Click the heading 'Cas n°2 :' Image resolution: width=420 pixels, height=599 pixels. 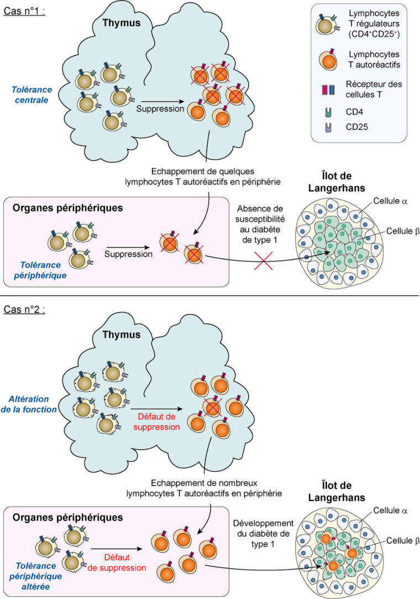click(24, 309)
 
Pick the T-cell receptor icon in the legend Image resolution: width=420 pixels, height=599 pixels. click(329, 89)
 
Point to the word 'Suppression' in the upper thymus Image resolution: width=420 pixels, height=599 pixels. click(161, 109)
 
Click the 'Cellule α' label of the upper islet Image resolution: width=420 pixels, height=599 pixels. click(391, 202)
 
